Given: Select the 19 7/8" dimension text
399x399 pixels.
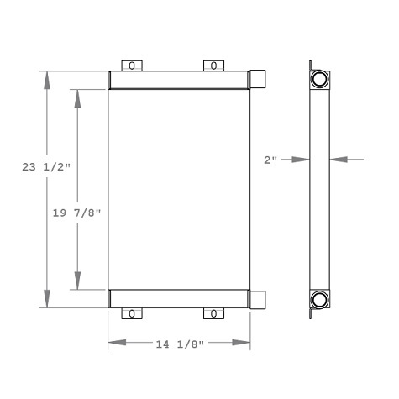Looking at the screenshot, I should tap(76, 213).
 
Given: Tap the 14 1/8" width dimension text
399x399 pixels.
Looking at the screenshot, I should tap(179, 343).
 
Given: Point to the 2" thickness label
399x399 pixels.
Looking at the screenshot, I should tap(270, 158).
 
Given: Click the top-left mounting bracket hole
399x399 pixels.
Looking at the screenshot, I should tap(131, 66).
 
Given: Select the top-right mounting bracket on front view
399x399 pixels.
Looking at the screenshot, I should tap(214, 66).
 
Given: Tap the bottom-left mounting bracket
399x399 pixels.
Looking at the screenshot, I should tap(131, 313).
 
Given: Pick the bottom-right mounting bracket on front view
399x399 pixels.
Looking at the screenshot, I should tap(214, 313).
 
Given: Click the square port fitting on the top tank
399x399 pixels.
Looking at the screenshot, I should tap(260, 79).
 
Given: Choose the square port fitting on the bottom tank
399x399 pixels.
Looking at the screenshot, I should tap(260, 299).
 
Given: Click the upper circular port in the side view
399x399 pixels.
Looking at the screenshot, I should tap(320, 80).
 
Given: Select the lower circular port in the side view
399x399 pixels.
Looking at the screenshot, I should tap(320, 299).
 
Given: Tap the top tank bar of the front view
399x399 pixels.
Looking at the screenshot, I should tap(180, 79).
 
